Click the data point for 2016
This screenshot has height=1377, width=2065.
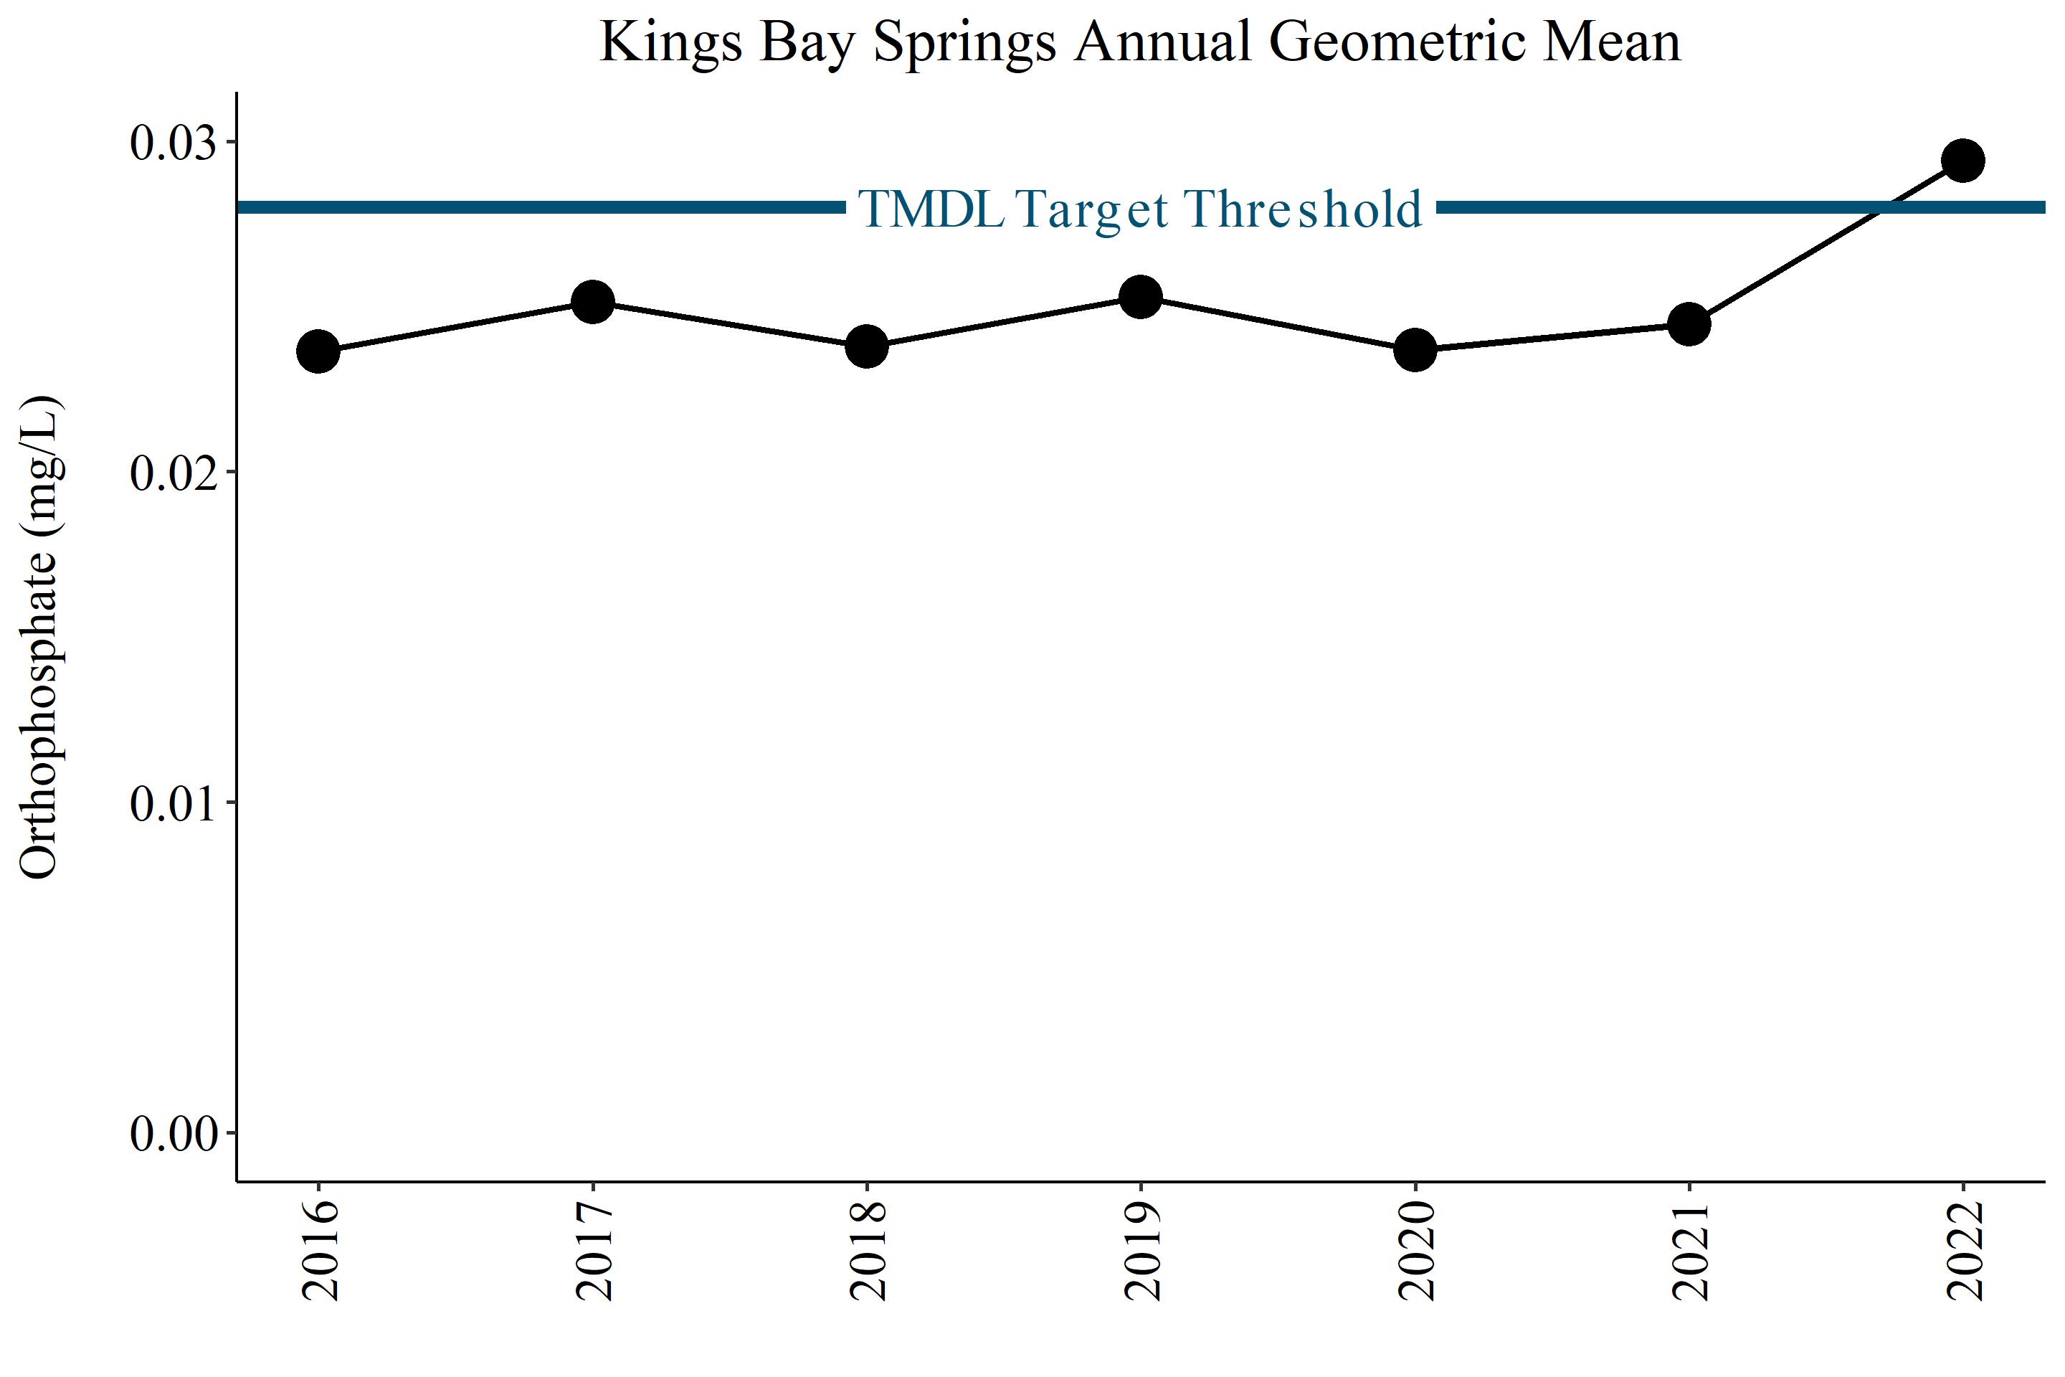pyautogui.click(x=318, y=352)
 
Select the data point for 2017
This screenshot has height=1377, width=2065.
pyautogui.click(x=593, y=303)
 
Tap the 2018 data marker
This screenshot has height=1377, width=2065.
pyautogui.click(x=867, y=347)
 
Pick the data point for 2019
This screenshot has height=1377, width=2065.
pyautogui.click(x=1141, y=298)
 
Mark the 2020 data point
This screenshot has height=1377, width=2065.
pyautogui.click(x=1415, y=351)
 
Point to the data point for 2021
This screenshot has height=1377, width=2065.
pyautogui.click(x=1689, y=324)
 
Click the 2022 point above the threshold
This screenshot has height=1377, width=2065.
pyautogui.click(x=1963, y=160)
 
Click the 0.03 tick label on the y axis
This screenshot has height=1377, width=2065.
pyautogui.click(x=173, y=143)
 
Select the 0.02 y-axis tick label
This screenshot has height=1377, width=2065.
pyautogui.click(x=173, y=473)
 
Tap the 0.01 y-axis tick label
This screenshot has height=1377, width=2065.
pyautogui.click(x=173, y=805)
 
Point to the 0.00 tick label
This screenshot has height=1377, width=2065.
pyautogui.click(x=173, y=1135)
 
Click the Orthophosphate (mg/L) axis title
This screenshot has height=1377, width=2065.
pyautogui.click(x=39, y=638)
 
